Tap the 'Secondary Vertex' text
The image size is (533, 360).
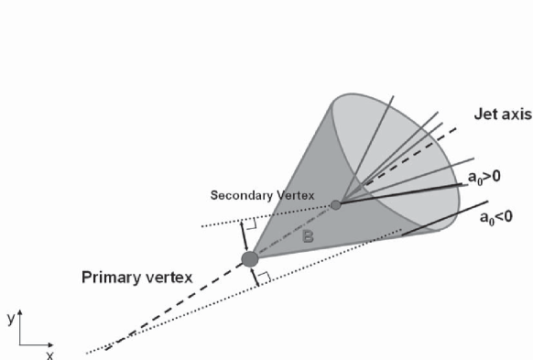pos(262,195)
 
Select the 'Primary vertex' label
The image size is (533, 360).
pos(139,277)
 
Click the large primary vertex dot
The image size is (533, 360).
pos(249,260)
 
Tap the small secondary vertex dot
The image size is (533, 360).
pos(336,205)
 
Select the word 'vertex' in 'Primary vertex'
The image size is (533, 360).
pos(171,277)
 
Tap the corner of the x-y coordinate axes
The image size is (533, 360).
pos(19,344)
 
